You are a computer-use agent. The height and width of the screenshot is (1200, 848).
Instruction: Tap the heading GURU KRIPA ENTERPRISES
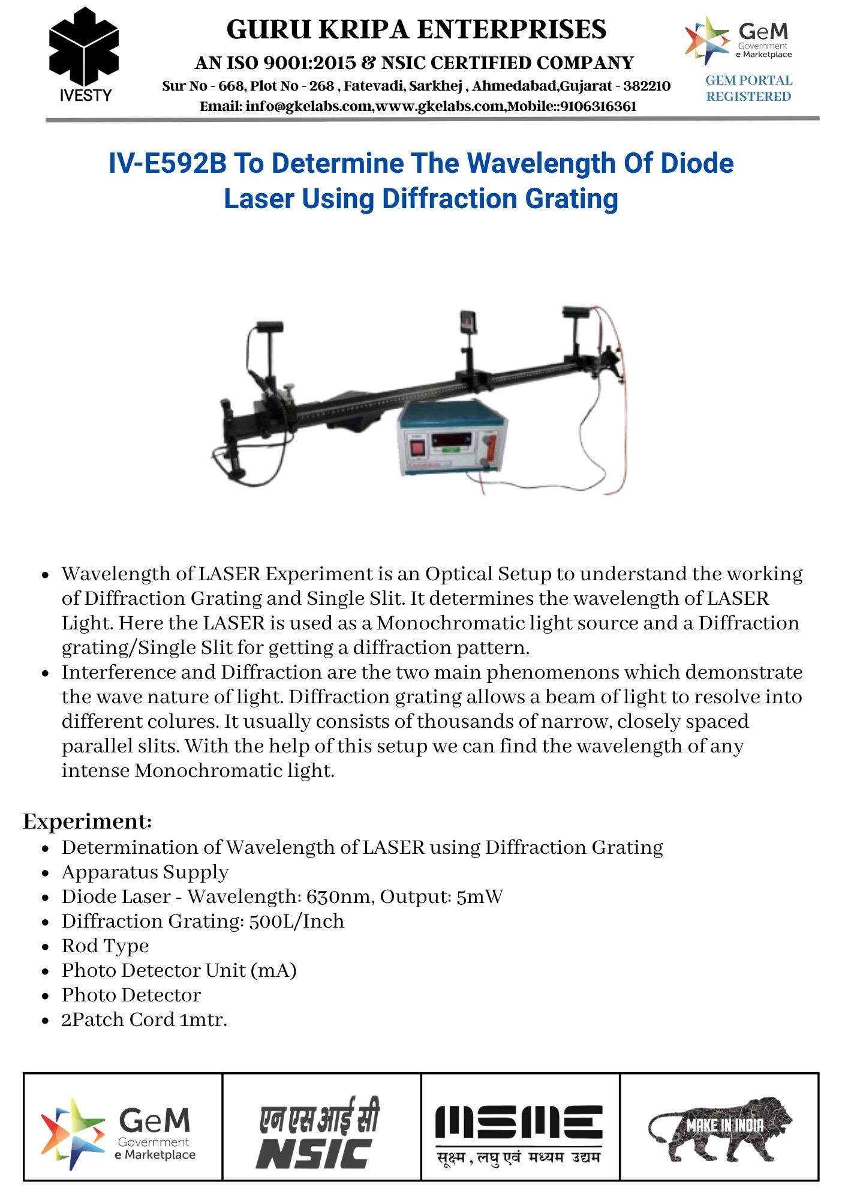(x=416, y=29)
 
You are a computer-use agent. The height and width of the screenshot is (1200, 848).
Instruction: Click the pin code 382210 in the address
(x=647, y=86)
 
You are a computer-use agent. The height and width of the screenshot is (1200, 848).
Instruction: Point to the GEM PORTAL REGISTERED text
(x=748, y=88)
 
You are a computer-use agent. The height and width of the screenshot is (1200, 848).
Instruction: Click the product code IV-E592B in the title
(x=167, y=163)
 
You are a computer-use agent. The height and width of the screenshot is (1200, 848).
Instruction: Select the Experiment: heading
(x=88, y=821)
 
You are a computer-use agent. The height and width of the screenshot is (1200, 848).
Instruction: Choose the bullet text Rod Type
(x=105, y=946)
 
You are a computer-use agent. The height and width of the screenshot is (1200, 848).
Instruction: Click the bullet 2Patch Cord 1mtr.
(x=144, y=1019)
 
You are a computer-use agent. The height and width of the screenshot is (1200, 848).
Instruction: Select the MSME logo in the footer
(x=519, y=1133)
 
